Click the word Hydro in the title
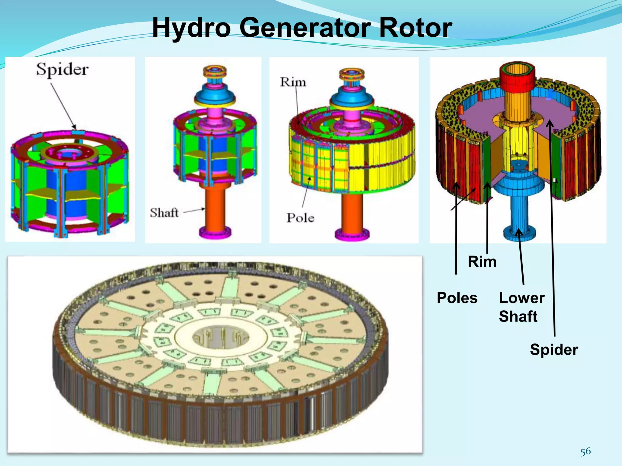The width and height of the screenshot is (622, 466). pyautogui.click(x=191, y=28)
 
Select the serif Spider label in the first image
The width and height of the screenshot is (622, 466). pyautogui.click(x=63, y=70)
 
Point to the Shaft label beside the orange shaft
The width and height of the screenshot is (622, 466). pyautogui.click(x=164, y=213)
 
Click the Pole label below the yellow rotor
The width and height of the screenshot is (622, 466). pyautogui.click(x=300, y=218)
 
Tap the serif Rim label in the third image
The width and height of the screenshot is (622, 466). pyautogui.click(x=293, y=82)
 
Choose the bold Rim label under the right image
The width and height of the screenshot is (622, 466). pyautogui.click(x=482, y=262)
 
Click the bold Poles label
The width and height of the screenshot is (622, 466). pyautogui.click(x=457, y=298)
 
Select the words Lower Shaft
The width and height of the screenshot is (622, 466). pyautogui.click(x=521, y=307)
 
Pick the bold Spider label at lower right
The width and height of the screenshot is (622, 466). pyautogui.click(x=554, y=349)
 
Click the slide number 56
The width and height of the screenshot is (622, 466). pyautogui.click(x=586, y=451)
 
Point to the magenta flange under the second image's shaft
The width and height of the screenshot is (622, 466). pyautogui.click(x=215, y=232)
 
